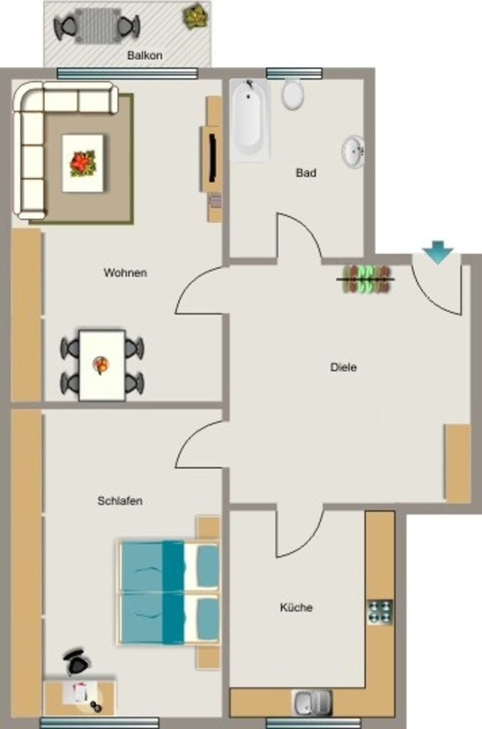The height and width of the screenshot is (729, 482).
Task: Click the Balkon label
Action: click(145, 56)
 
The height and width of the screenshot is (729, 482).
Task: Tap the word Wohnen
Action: click(125, 273)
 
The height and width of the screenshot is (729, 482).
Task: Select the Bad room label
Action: click(306, 173)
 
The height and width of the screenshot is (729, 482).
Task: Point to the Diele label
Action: click(343, 367)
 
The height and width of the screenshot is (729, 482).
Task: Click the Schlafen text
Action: click(120, 500)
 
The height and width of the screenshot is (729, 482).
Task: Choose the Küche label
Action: click(296, 607)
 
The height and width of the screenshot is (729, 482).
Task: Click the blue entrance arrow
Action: click(437, 253)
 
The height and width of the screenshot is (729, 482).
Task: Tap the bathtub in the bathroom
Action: click(250, 120)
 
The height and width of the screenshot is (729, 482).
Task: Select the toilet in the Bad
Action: click(293, 94)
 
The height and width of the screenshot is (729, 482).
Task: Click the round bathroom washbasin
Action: click(354, 151)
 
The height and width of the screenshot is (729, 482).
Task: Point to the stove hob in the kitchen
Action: click(379, 612)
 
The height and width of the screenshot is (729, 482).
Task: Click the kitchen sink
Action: click(312, 703)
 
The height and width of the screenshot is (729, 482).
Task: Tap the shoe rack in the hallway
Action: click(366, 279)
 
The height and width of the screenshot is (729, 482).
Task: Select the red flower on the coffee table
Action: click(83, 163)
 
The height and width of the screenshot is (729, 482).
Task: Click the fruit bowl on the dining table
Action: click(101, 365)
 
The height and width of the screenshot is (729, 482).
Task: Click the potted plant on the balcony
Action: click(195, 16)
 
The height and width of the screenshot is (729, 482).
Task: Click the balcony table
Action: click(97, 26)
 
